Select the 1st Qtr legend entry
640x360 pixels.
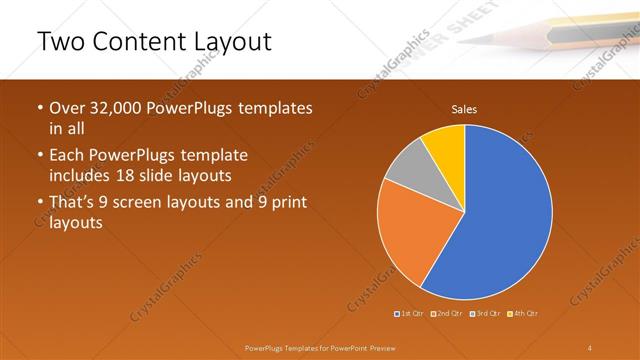click(411, 314)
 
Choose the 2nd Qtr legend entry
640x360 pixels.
click(447, 314)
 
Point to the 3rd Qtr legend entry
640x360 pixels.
click(485, 314)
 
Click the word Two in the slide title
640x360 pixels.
click(59, 42)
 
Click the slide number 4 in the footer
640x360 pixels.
click(590, 347)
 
